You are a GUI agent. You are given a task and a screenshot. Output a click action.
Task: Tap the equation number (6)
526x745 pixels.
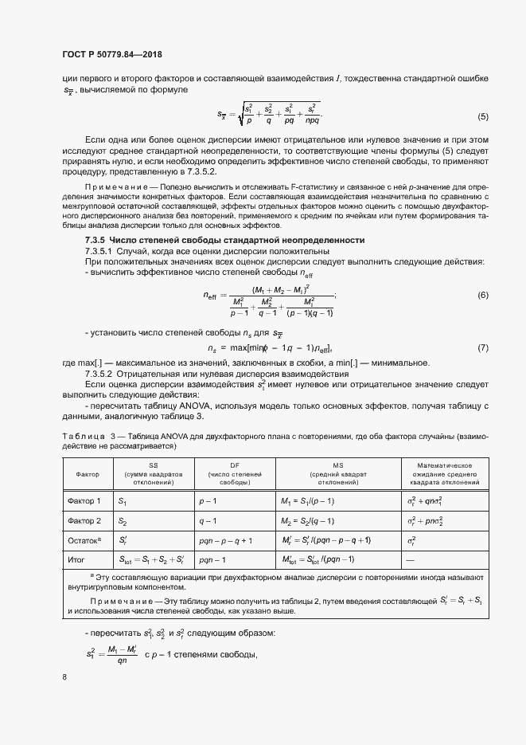tap(482, 296)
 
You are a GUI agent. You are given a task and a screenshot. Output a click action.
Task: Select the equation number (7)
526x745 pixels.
tap(482, 348)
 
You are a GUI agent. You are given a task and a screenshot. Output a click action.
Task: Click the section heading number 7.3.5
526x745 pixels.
tap(99, 240)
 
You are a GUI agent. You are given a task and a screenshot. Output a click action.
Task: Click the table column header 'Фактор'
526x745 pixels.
tap(88, 473)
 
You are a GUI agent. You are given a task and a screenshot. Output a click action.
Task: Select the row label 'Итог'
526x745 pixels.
tap(76, 560)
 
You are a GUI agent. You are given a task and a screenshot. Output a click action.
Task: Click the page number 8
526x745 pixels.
tap(64, 676)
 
